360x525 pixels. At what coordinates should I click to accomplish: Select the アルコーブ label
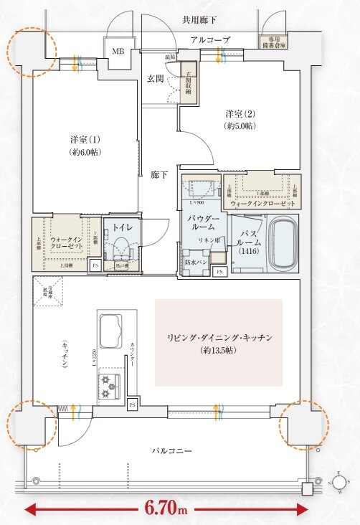point(209,40)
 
